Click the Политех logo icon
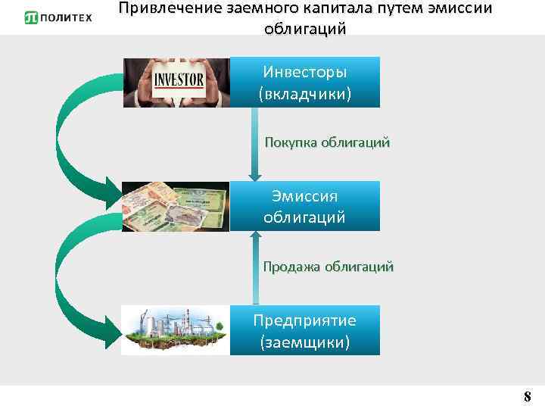(32, 17)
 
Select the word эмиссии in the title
(458, 9)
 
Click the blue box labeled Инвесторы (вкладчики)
(304, 83)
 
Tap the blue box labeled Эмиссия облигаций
(304, 206)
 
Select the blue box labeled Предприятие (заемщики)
(304, 331)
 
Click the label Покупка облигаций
(327, 142)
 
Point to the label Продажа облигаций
(328, 267)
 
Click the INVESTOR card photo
(176, 83)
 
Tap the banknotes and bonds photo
(176, 206)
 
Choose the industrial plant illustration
(176, 331)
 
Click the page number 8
(528, 396)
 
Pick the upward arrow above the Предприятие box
(255, 265)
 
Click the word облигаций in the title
(305, 30)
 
